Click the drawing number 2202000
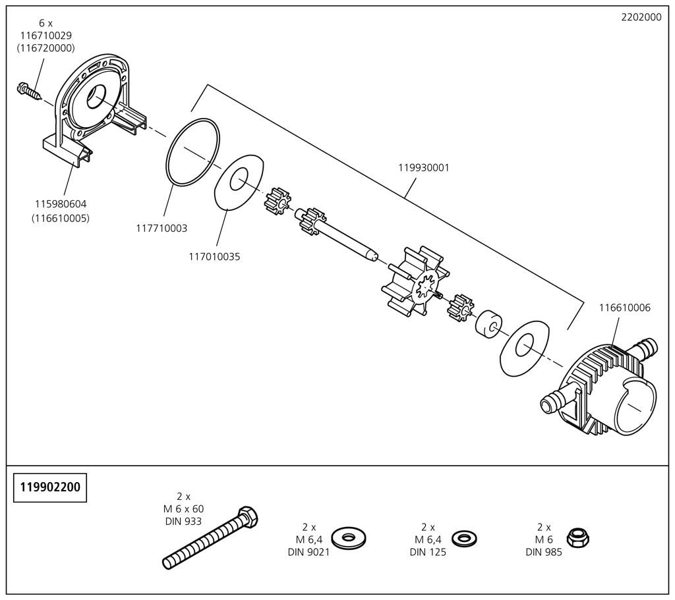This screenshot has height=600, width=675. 641,18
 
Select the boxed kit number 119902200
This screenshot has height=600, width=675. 50,487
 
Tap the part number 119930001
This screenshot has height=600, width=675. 423,168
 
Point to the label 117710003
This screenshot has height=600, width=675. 161,229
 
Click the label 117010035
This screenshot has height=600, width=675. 214,257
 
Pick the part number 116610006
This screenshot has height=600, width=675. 624,308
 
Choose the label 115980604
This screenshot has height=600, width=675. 61,204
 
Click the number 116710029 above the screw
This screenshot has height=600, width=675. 45,36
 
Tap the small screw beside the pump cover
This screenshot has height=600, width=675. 28,90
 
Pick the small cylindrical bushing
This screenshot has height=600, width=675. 488,324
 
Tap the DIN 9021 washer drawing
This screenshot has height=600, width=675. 347,537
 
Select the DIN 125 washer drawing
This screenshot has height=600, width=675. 465,537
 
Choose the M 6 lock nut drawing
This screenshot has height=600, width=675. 578,537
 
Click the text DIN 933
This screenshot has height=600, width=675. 183,522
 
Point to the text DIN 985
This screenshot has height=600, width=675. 544,553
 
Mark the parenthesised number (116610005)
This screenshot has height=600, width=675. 61,218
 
